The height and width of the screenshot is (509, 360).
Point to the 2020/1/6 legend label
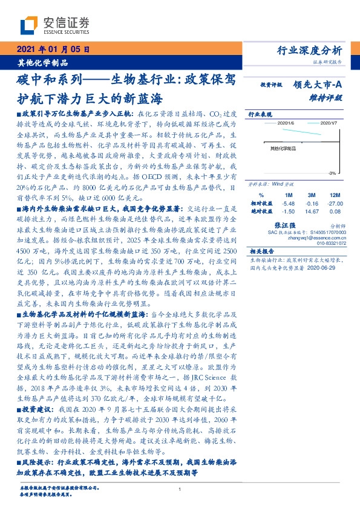[285, 123]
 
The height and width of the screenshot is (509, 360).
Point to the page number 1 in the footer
[180, 490]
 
